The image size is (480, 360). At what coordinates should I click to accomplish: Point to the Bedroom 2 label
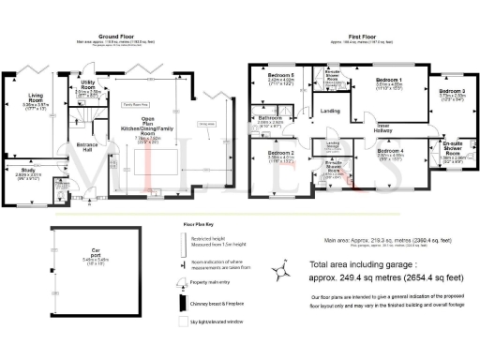[x=280, y=153]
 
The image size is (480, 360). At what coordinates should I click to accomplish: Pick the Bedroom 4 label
[x=390, y=151]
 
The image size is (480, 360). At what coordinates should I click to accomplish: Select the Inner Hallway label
[x=383, y=126]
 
